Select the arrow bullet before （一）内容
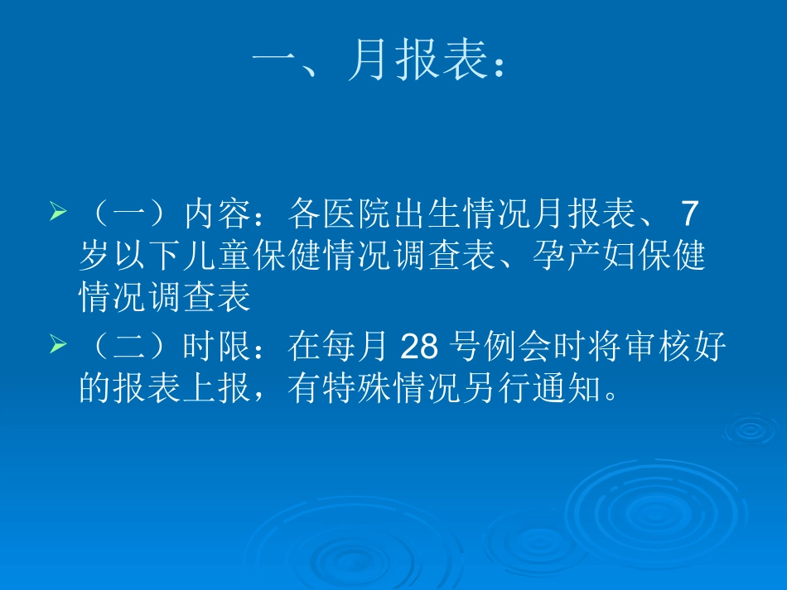[x=58, y=213]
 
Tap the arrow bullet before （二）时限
[x=58, y=346]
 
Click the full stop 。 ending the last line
[x=611, y=392]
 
